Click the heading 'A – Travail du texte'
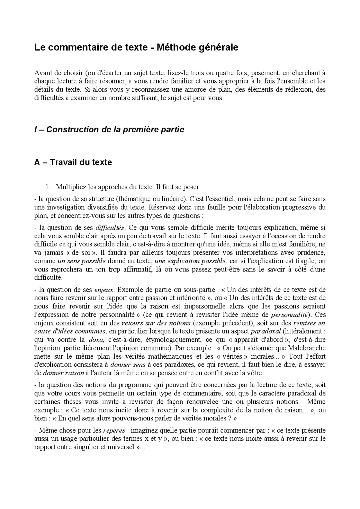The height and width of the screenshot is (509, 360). [x=73, y=162]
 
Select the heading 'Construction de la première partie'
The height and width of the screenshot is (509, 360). [x=115, y=130]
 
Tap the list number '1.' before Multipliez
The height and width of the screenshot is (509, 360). [x=48, y=187]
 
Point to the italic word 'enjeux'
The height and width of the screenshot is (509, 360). [x=104, y=289]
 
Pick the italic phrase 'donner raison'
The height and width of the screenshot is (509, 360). [x=63, y=373]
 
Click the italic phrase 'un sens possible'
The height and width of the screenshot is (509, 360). [x=82, y=261]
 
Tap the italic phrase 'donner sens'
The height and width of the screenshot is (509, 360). [x=128, y=365]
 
